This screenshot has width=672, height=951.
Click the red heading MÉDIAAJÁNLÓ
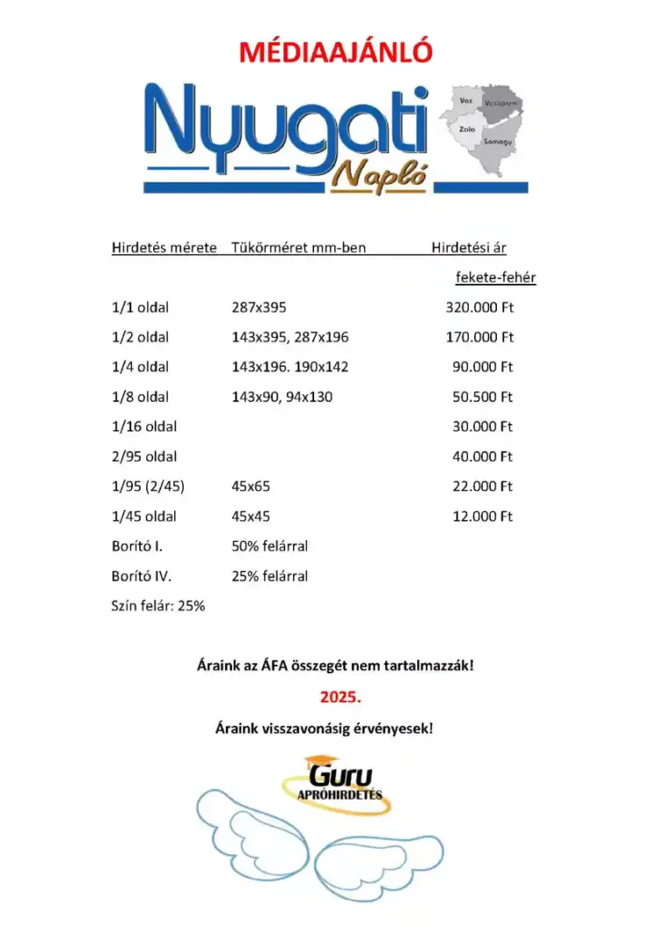[336, 53]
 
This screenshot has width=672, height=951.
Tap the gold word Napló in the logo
[379, 177]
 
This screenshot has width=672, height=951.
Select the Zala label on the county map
[467, 129]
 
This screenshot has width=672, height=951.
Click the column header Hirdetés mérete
[164, 248]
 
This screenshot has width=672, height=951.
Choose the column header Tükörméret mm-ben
[298, 248]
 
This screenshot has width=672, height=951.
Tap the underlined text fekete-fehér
[495, 278]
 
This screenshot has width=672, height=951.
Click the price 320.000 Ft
[479, 307]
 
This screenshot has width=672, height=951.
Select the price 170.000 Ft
[479, 337]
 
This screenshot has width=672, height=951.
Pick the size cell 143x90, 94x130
[282, 397]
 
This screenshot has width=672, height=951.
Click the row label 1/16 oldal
[144, 426]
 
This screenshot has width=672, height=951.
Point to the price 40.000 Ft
[482, 456]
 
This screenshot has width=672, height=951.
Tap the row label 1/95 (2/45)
[148, 486]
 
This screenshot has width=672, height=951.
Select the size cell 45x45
[250, 516]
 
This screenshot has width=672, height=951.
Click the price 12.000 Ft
[482, 516]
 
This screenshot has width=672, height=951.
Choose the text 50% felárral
[269, 546]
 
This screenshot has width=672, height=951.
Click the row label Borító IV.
[142, 575]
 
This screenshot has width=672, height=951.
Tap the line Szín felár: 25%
[158, 605]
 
